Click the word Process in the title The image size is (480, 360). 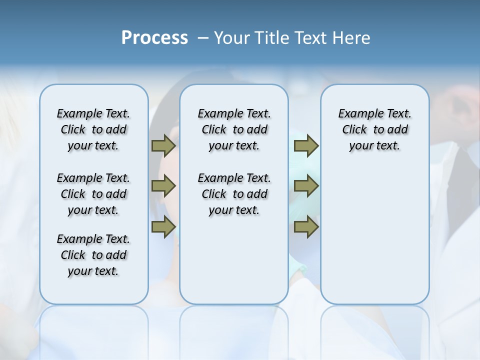(154, 38)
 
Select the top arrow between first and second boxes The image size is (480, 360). (163, 145)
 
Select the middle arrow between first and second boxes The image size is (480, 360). (163, 186)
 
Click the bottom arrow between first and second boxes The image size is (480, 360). (163, 227)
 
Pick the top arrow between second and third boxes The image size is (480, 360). (306, 145)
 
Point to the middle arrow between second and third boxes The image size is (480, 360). (306, 186)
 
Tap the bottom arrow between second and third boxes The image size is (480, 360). (306, 227)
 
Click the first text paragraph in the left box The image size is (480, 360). (93, 129)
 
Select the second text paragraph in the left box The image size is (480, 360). (93, 194)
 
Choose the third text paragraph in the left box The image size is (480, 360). (93, 255)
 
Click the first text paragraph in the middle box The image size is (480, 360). (234, 129)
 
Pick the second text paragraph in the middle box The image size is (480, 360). (234, 194)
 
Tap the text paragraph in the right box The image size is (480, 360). (374, 129)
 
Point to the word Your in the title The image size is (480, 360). (230, 38)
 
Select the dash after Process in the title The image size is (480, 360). (203, 38)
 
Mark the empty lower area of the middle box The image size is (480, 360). (234, 260)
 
